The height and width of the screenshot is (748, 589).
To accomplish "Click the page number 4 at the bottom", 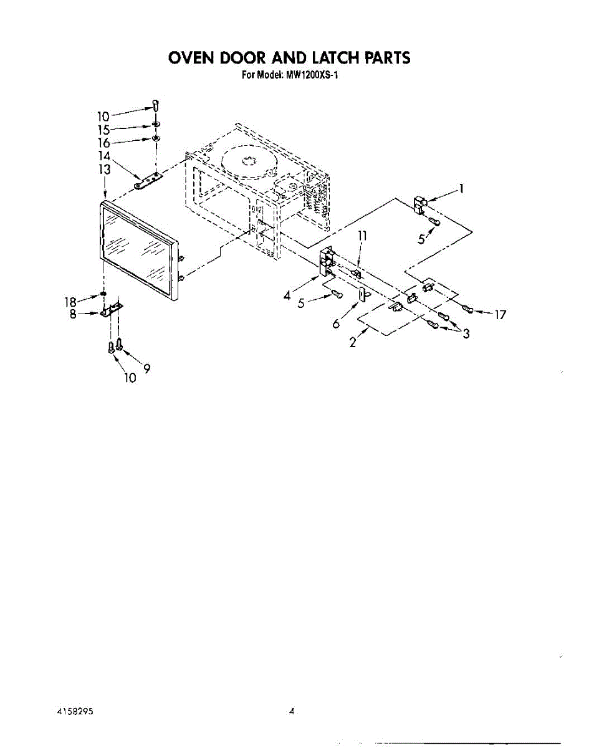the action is [291, 711].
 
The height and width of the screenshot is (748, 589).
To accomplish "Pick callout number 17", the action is [500, 315].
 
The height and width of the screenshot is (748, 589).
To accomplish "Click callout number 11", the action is [363, 236].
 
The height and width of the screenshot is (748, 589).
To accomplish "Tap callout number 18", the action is [70, 302].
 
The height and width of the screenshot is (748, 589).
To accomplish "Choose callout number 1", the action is [461, 189].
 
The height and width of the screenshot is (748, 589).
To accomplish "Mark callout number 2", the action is [353, 342].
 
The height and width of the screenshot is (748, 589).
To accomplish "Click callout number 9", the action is [146, 368].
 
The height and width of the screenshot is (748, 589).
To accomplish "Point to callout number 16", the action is [103, 143].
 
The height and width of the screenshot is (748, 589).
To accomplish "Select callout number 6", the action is [337, 324].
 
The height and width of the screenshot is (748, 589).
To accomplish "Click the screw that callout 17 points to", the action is [469, 308].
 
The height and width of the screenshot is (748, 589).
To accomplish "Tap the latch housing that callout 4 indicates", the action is [326, 260].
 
